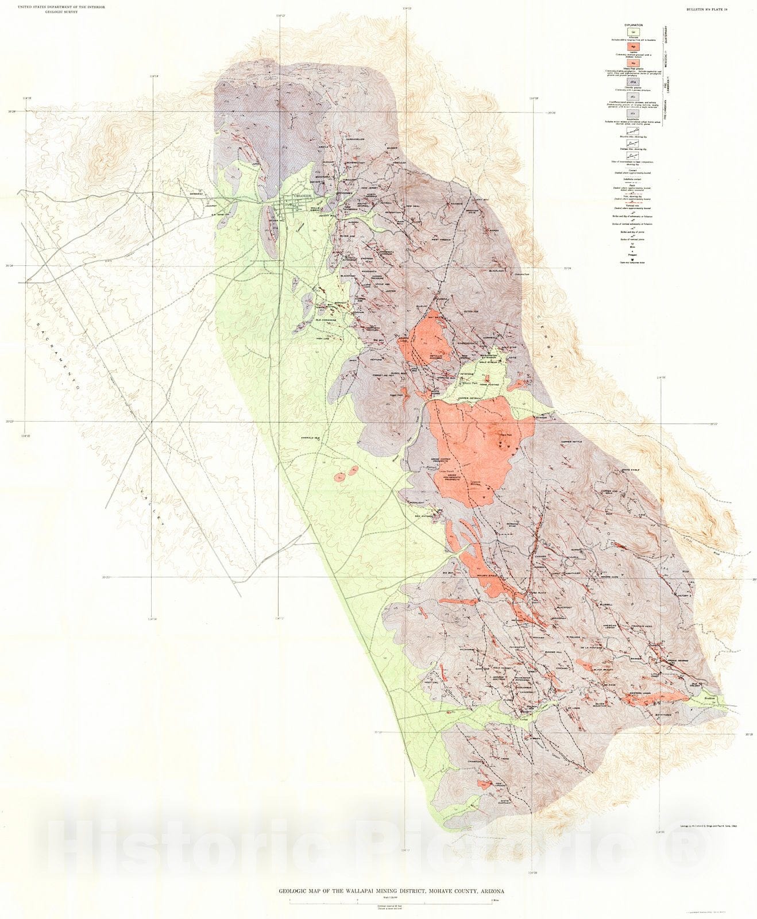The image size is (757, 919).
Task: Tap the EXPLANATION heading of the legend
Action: (634, 25)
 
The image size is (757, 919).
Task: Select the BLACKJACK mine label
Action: (496, 271)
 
